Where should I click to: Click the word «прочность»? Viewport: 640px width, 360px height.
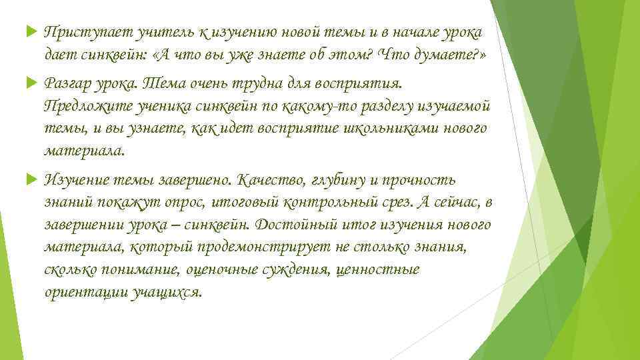tap(421, 181)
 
